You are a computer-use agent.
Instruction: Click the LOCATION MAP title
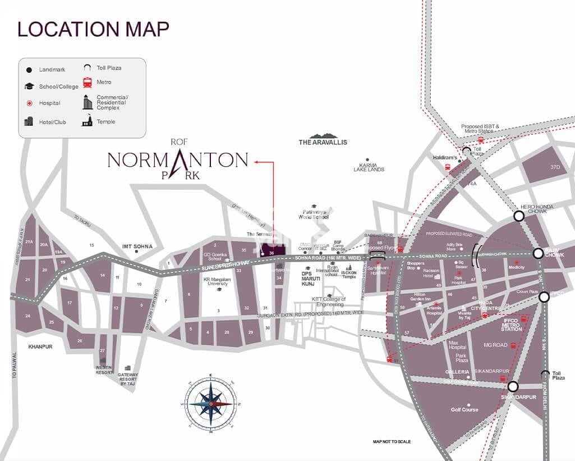(x=93, y=29)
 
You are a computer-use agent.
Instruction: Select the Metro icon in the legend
(x=88, y=83)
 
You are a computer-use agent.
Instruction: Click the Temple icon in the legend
(x=87, y=121)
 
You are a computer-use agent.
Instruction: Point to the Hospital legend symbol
(x=29, y=103)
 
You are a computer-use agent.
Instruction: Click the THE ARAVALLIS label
(x=323, y=142)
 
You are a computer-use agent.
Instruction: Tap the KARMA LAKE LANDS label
(x=369, y=167)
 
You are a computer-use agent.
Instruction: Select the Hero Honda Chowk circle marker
(x=519, y=216)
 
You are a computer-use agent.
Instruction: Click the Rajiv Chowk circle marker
(x=538, y=253)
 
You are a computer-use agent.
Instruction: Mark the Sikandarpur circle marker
(x=512, y=386)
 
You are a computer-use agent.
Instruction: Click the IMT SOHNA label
(x=137, y=247)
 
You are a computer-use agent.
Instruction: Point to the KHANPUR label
(x=40, y=346)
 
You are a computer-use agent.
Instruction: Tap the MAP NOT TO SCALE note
(x=392, y=442)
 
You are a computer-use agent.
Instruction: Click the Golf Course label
(x=464, y=409)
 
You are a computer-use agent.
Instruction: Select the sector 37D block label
(x=555, y=167)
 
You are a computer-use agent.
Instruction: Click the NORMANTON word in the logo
(x=177, y=160)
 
